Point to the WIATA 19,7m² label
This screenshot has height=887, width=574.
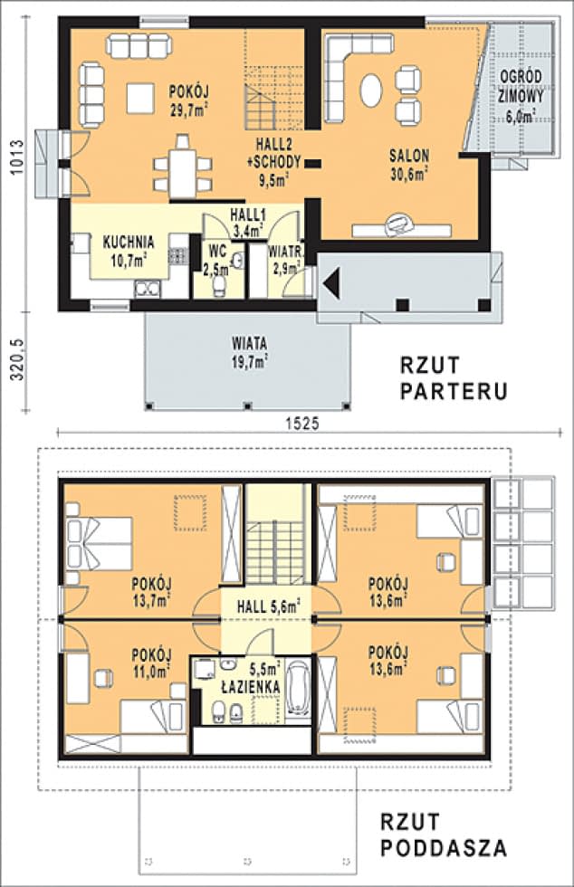tap(249, 352)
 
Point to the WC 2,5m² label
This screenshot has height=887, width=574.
tap(216, 259)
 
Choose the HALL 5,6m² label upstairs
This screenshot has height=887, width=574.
tap(269, 608)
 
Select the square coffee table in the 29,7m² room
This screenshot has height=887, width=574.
tap(141, 96)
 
